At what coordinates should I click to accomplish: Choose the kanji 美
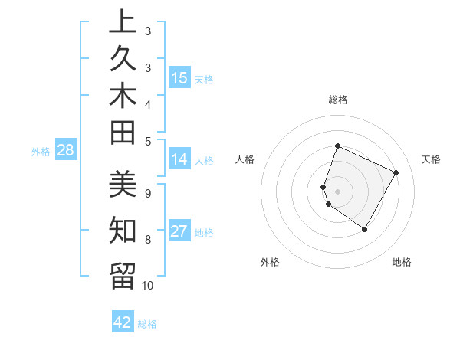coord(123,185)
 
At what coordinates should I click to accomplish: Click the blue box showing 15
coord(179,77)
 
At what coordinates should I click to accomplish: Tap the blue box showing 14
coord(179,159)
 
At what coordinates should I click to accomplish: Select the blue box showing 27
coord(179,231)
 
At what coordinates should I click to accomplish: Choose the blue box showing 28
coord(66,150)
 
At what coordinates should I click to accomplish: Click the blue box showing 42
coord(123,322)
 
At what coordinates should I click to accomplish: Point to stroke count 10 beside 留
coord(148,286)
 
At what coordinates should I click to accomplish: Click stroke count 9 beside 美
coord(147,193)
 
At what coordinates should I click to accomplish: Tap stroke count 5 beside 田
coord(148,140)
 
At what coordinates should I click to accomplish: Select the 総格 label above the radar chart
coord(338,100)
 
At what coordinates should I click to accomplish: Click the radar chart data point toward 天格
coord(396,173)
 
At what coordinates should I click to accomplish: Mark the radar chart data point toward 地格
coord(365,229)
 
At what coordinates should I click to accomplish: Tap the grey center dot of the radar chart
coord(338,191)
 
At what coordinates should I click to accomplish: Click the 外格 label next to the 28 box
coord(41,152)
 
